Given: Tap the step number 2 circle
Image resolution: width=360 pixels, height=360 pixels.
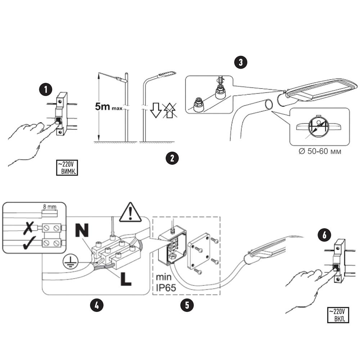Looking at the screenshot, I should [x=172, y=158].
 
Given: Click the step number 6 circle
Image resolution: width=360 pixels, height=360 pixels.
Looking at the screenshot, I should [x=324, y=235].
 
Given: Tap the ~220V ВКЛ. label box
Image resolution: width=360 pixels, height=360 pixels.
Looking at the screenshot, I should [x=338, y=315].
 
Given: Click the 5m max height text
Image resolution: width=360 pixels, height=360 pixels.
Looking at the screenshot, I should [x=108, y=106].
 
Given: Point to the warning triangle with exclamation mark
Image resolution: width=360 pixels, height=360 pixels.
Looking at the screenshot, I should [x=130, y=212].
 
